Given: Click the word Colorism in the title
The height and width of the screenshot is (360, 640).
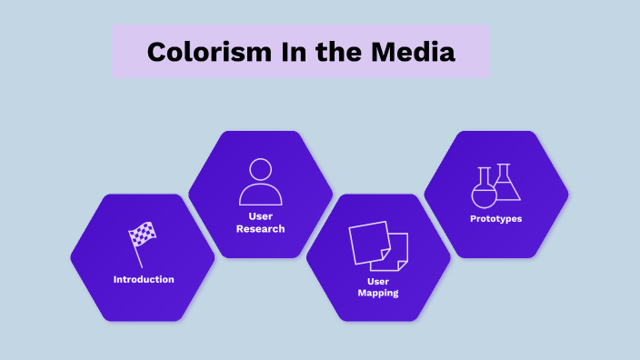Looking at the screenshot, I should tap(201, 52).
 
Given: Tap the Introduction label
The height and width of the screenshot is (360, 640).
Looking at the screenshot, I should tap(144, 279).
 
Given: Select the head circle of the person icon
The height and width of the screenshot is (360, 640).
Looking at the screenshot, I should tap(261, 170).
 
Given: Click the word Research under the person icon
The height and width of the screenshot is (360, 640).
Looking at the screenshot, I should tap(261, 229).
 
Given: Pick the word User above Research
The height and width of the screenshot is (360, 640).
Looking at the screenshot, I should tap(261, 216).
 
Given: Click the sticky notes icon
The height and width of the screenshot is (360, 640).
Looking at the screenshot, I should tap(378, 245).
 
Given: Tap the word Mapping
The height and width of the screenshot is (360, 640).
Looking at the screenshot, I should tap(378, 294).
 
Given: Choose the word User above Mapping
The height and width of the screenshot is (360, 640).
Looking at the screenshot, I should tap(378, 282).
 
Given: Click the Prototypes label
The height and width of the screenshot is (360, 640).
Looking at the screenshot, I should tap(496, 219).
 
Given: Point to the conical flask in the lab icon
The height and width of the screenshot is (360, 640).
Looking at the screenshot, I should tap(506, 185).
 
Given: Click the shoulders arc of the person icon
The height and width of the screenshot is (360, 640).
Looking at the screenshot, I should tap(261, 195).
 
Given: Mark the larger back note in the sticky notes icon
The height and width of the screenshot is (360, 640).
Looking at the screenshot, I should tap(367, 240).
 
